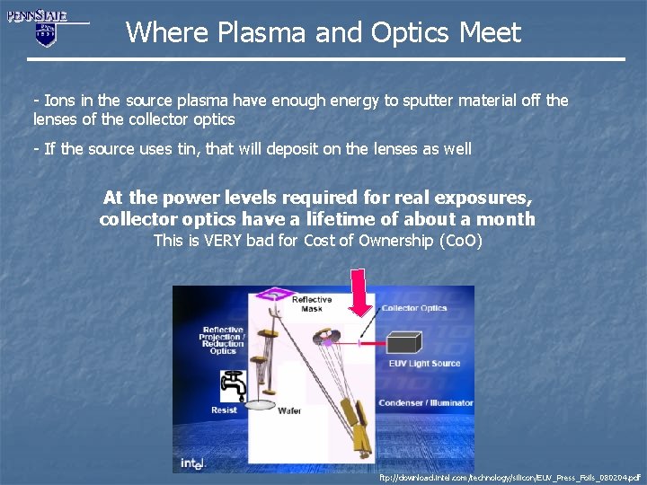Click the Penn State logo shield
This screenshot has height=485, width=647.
(45, 34)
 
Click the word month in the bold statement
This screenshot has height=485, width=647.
(505, 219)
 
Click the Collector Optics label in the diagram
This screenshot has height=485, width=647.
(413, 308)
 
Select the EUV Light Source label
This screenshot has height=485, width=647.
(424, 364)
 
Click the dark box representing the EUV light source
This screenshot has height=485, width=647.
(402, 341)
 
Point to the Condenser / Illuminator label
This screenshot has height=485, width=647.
(425, 403)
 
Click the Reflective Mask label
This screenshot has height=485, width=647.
(311, 304)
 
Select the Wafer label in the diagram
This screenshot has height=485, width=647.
(288, 411)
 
